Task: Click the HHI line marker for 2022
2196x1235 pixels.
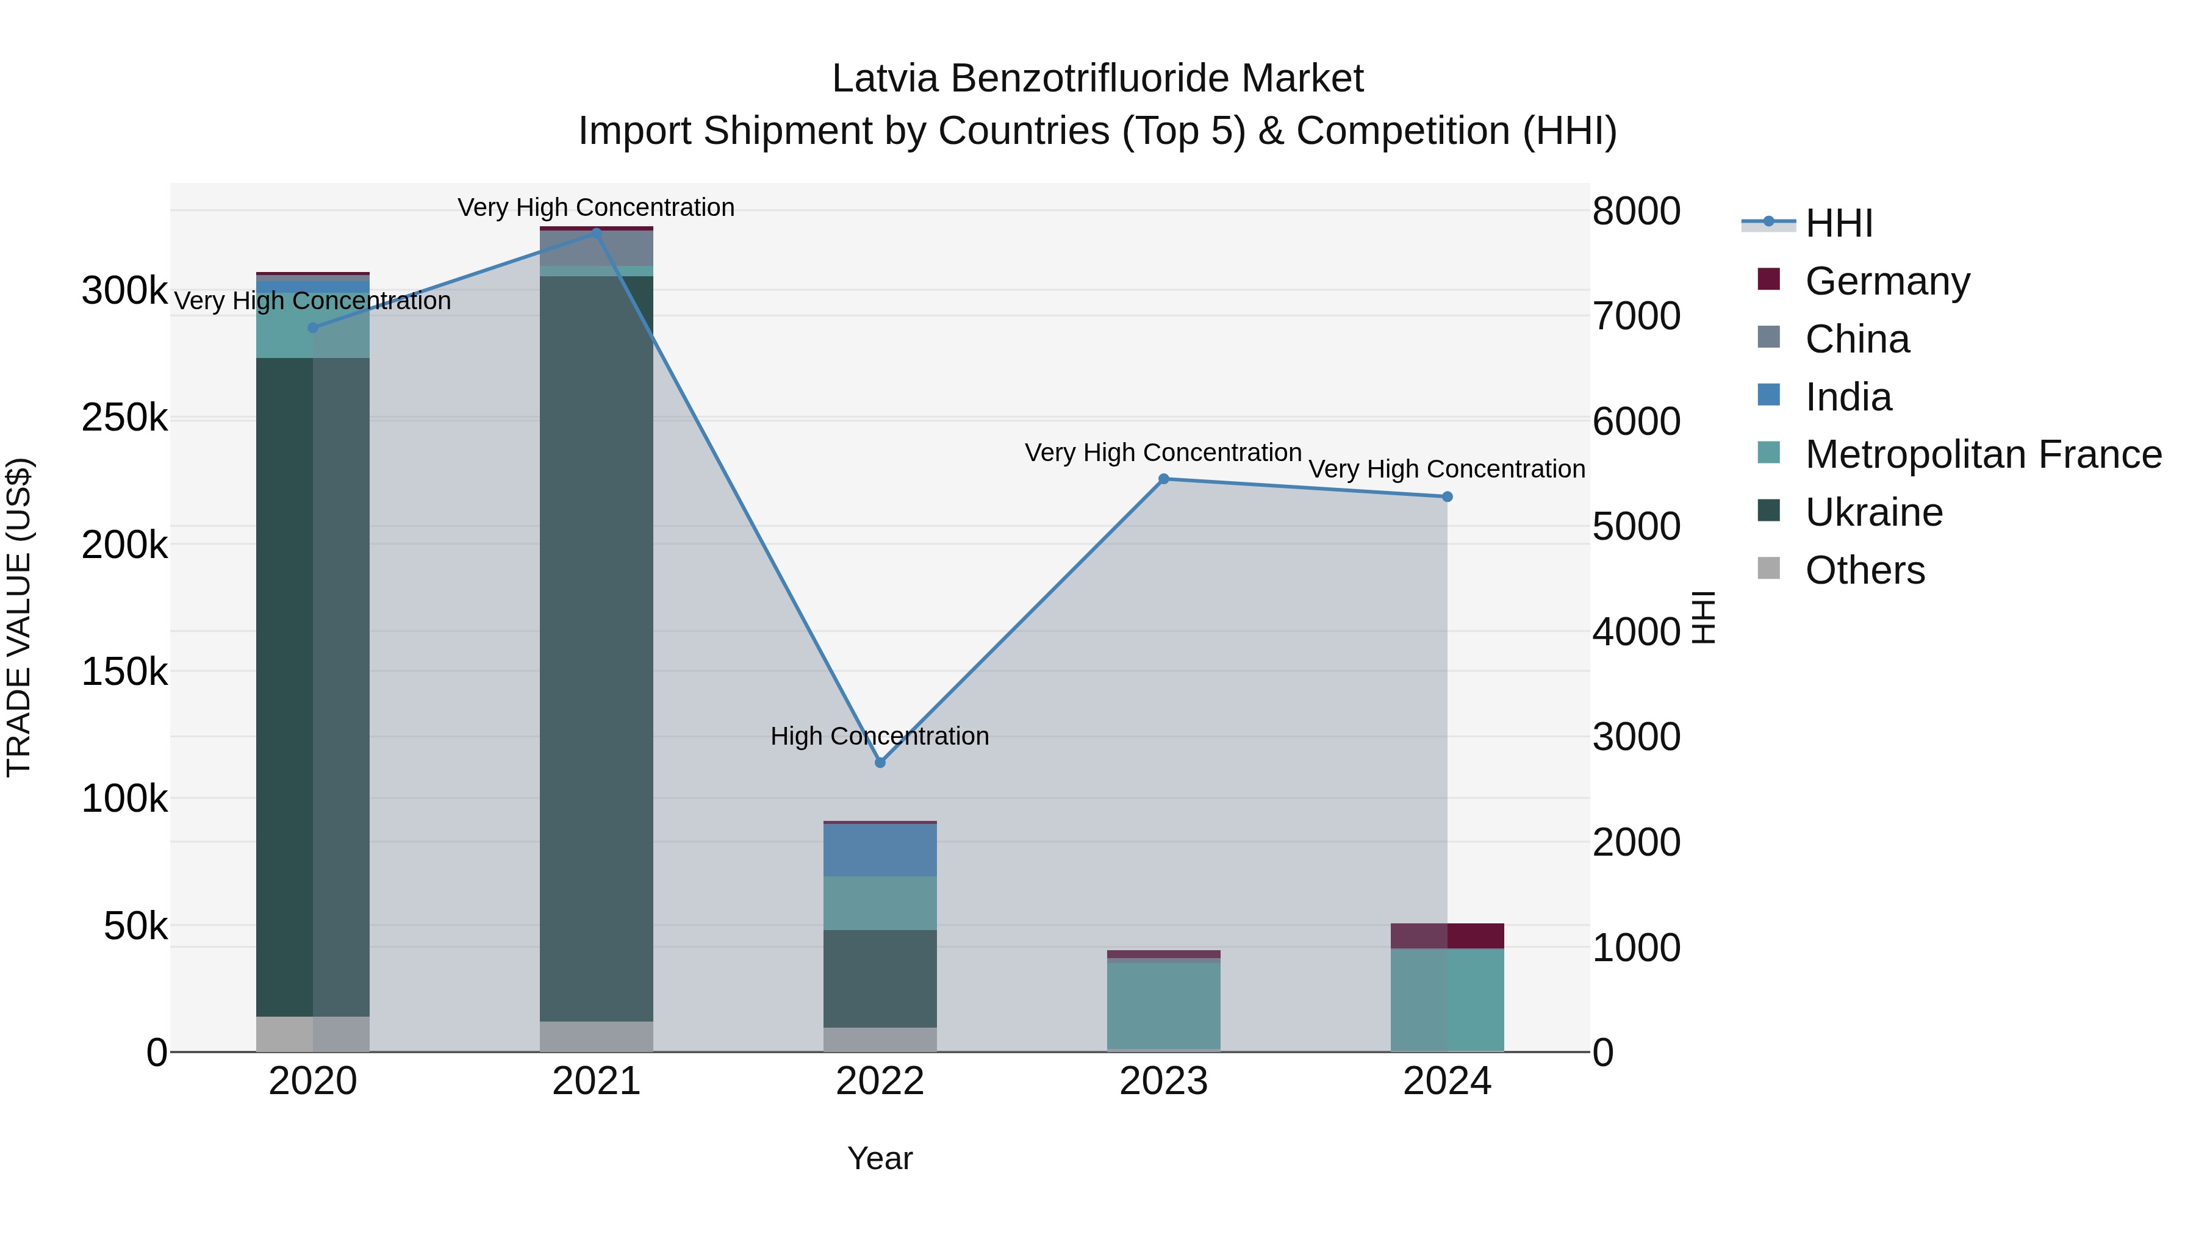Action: click(x=880, y=762)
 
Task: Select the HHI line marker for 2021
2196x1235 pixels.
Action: click(x=596, y=232)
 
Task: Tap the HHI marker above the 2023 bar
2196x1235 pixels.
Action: click(x=1164, y=479)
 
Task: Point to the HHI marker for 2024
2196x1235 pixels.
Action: click(x=1447, y=497)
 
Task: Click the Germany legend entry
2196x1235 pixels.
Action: click(x=1887, y=281)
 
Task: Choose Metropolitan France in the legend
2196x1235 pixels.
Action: click(x=1982, y=454)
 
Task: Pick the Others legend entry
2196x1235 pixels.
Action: click(x=1864, y=570)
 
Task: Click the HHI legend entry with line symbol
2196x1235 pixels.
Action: click(x=1838, y=223)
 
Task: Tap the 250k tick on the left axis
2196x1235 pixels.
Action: click(x=124, y=418)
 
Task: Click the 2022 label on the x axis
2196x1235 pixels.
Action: click(x=880, y=1081)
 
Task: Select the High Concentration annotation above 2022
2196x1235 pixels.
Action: click(x=880, y=736)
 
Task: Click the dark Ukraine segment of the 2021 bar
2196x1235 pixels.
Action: click(x=596, y=648)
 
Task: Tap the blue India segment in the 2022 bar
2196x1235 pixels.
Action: click(x=880, y=850)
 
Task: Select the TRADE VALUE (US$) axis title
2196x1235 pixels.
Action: click(x=19, y=617)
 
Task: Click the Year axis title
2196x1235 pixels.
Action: click(x=880, y=1158)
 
